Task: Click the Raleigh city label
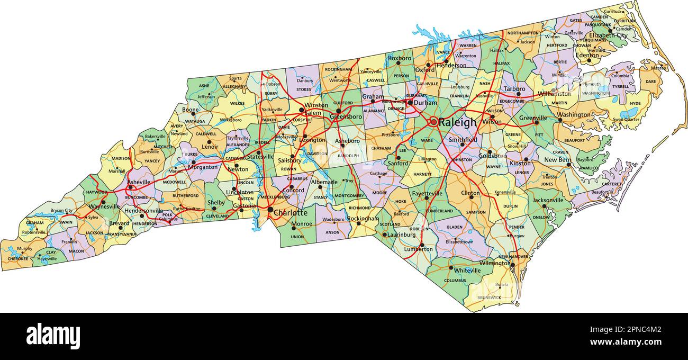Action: pyautogui.click(x=458, y=122)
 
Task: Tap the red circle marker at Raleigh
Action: pyautogui.click(x=434, y=122)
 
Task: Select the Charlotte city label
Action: pyautogui.click(x=290, y=213)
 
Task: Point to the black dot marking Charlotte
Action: pyautogui.click(x=270, y=211)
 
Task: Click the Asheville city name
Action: pyautogui.click(x=139, y=182)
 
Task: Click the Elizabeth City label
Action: pyautogui.click(x=609, y=35)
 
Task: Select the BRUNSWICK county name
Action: pyautogui.click(x=488, y=298)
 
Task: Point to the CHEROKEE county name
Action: pyautogui.click(x=17, y=259)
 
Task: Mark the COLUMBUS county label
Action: pyautogui.click(x=455, y=281)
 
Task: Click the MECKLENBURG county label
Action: pyautogui.click(x=275, y=197)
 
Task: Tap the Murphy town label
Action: pyautogui.click(x=24, y=248)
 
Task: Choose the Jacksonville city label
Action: pyautogui.click(x=548, y=201)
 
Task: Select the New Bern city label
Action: pyautogui.click(x=558, y=160)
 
